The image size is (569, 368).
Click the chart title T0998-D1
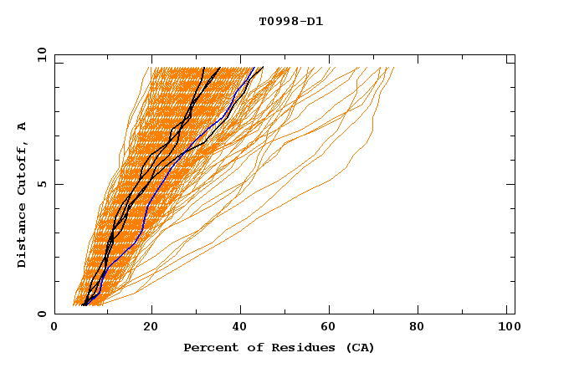click(290, 22)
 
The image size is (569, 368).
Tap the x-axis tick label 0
click(54, 330)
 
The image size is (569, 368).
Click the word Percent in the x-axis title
click(207, 347)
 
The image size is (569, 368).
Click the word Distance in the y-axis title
click(23, 236)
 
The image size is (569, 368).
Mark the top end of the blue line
click(254, 67)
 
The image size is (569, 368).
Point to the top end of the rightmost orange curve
click(394, 67)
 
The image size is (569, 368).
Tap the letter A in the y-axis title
click(23, 126)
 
